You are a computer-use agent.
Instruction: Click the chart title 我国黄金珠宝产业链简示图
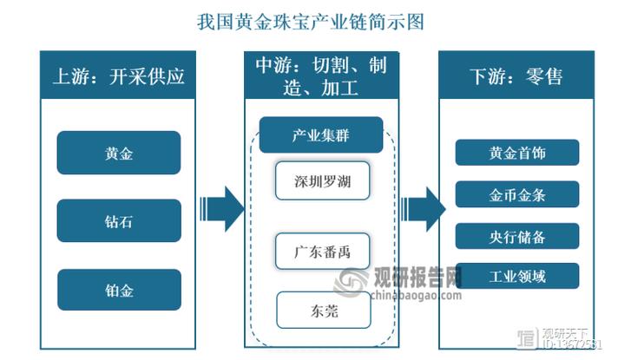[x=309, y=21]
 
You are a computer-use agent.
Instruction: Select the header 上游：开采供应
[x=120, y=75]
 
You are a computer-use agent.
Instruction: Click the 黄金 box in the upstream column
[x=119, y=153]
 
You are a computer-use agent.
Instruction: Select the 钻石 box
[x=119, y=220]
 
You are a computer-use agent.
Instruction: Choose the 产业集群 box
[x=321, y=134]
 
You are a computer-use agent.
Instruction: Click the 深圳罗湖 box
[x=323, y=182]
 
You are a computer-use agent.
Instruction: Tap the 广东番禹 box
[x=323, y=253]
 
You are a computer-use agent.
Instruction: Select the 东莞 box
[x=323, y=310]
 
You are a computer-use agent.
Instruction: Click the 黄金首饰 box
[x=516, y=153]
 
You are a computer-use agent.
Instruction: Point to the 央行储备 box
[x=516, y=235]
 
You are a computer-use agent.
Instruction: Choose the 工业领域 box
[x=516, y=277]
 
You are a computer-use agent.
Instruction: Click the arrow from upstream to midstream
[x=221, y=209]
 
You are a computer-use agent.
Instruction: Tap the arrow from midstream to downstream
[x=424, y=209]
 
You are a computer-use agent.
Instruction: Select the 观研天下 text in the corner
[x=566, y=334]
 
